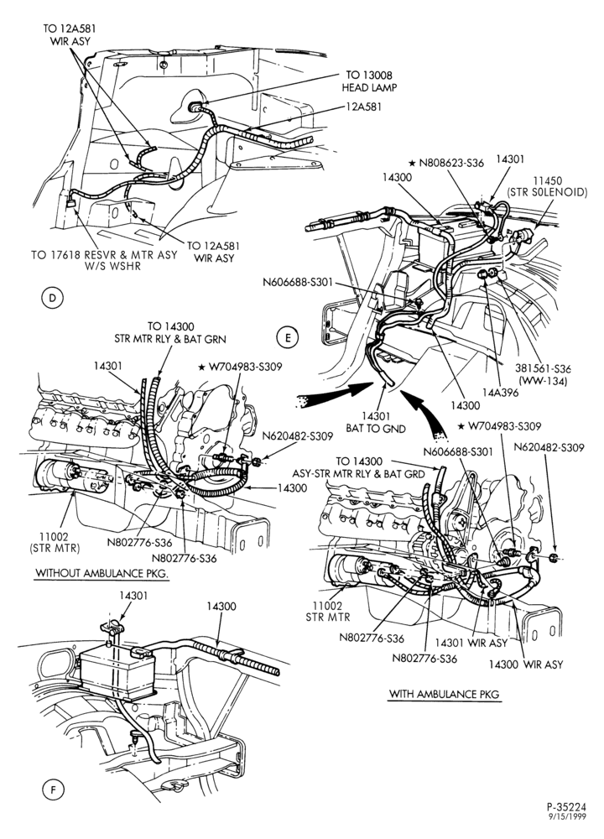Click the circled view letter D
coord(52,298)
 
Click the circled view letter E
coord(288,337)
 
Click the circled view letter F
coord(52,789)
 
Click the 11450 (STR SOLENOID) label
coord(551,187)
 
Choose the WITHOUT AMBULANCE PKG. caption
coord(102,573)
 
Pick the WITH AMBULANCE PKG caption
coord(444,694)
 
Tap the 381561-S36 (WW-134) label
coord(543,374)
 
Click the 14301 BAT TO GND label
coord(376,422)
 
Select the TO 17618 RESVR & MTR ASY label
coord(104,255)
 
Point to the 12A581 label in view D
coord(364,107)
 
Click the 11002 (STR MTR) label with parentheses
coord(59,542)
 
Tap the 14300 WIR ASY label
coord(526,664)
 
